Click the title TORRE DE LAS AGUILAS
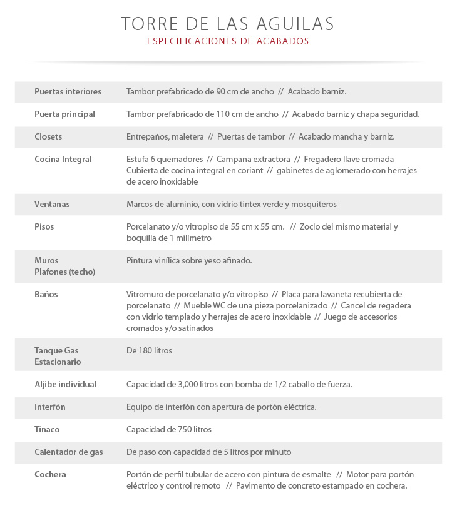[228, 24]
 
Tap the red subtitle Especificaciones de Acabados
[228, 41]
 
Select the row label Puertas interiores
[68, 91]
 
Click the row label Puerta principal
[64, 114]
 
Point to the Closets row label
[48, 136]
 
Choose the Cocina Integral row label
[63, 159]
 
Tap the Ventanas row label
[52, 204]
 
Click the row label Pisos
[44, 226]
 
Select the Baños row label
[46, 294]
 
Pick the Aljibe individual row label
[65, 384]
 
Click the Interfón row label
[50, 407]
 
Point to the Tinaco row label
[47, 429]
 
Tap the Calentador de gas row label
[68, 452]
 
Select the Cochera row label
[50, 474]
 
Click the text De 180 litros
[149, 350]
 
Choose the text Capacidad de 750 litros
[169, 429]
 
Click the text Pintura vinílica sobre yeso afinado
[189, 260]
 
